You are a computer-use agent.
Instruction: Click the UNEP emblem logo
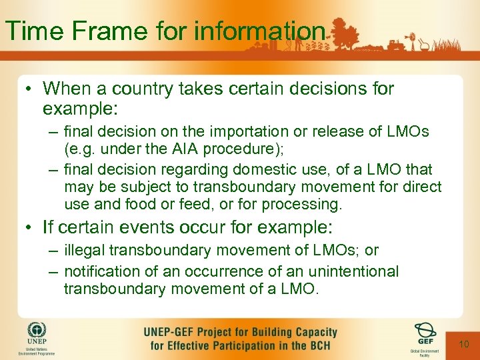tap(37, 332)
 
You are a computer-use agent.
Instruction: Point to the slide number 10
tap(464, 344)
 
